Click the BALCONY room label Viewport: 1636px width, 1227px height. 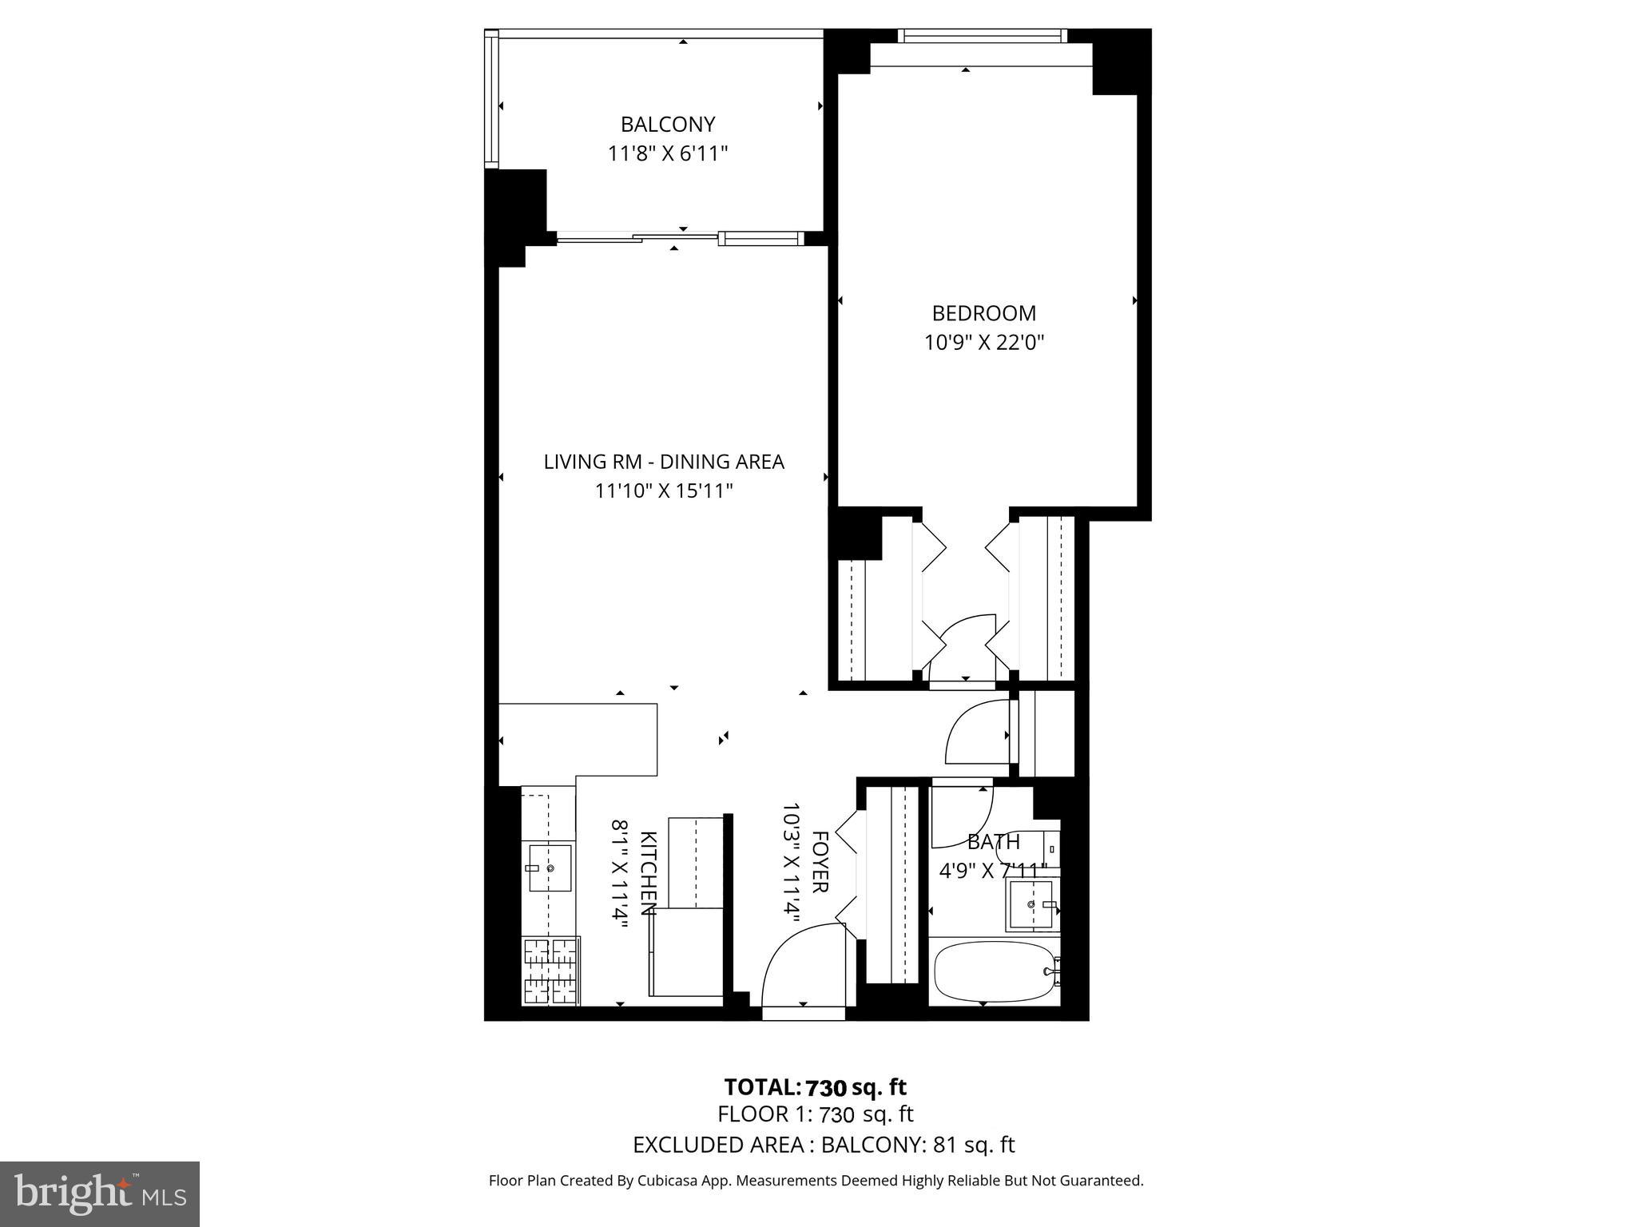667,125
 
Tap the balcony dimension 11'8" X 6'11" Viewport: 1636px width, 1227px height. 667,153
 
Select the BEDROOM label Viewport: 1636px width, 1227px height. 983,313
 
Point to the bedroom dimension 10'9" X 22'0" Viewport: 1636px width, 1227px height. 983,343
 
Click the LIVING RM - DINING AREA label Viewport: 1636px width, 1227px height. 663,462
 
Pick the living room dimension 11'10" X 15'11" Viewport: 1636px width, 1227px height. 663,490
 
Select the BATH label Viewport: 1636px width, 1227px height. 993,842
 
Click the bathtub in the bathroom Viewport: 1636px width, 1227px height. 994,971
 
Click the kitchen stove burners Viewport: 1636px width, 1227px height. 550,971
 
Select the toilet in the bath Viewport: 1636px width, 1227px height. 1030,848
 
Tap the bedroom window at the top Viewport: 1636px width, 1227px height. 983,36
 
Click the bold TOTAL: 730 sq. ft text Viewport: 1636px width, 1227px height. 815,1087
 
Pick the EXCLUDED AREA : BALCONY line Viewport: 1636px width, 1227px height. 823,1145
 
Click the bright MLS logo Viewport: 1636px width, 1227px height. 99,1193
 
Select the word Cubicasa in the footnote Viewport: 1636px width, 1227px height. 668,1181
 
